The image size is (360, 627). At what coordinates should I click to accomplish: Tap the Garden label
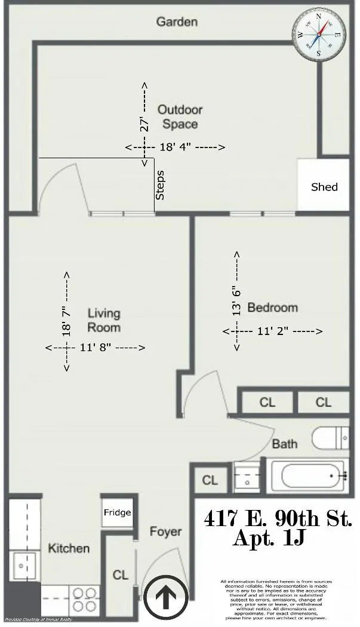[177, 22]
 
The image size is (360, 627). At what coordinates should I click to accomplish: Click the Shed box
[324, 186]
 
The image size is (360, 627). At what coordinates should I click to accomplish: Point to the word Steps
[160, 186]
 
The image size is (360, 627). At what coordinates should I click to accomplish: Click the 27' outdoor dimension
[144, 124]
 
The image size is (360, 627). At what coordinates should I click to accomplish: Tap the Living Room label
[104, 320]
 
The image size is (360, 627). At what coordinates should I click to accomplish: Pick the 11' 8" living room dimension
[96, 347]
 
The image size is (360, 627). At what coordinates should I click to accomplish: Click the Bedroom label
[272, 308]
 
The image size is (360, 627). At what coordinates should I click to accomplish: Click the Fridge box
[117, 512]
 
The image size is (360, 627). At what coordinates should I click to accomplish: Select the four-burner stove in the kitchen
[85, 598]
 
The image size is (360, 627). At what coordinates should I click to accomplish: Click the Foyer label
[165, 531]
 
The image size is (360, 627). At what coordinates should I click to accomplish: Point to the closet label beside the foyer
[121, 574]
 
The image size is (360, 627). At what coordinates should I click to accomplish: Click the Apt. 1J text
[269, 539]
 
